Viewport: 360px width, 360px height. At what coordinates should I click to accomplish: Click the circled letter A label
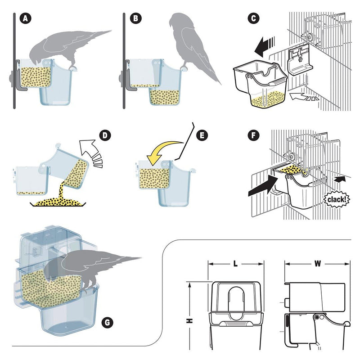point(27,18)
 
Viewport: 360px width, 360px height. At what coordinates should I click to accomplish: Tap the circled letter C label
point(253,18)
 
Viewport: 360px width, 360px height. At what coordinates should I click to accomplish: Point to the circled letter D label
point(104,135)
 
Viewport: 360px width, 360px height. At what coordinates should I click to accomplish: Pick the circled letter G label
point(107,322)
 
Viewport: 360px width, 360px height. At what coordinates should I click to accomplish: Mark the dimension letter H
point(190,320)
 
